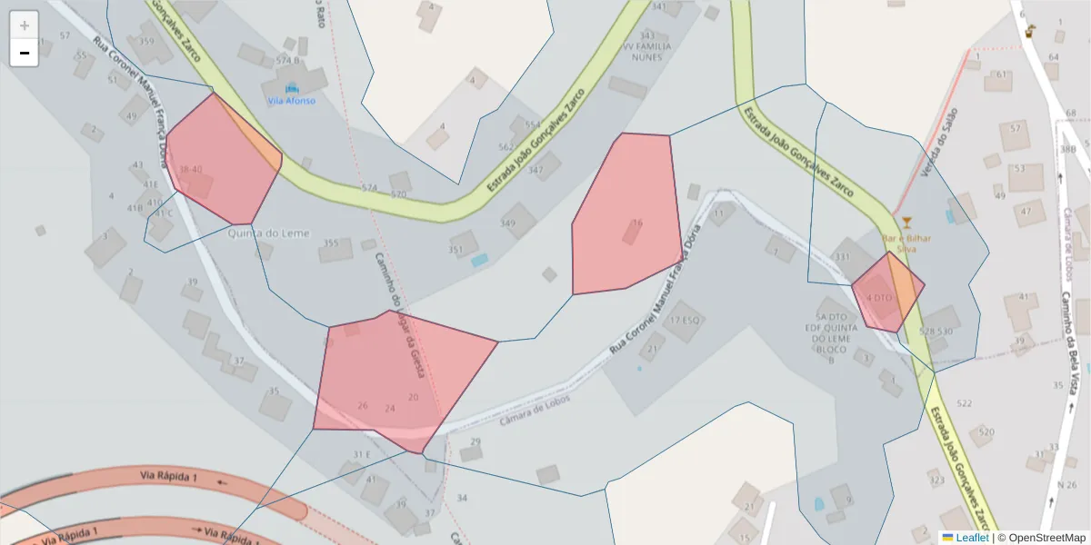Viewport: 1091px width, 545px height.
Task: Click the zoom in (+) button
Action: click(x=25, y=25)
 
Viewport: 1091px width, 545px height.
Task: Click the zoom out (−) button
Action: click(x=25, y=53)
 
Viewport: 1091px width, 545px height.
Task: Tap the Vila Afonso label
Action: click(x=292, y=101)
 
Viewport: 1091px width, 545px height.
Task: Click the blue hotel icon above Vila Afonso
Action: click(x=292, y=88)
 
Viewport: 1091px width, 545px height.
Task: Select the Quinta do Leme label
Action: click(x=270, y=233)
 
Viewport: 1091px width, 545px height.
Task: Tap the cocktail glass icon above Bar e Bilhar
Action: click(x=906, y=223)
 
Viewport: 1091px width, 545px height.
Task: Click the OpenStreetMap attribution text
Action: click(x=1041, y=538)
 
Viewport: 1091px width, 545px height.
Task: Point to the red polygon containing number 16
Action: click(x=627, y=218)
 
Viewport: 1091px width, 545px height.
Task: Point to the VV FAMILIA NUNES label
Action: click(x=647, y=51)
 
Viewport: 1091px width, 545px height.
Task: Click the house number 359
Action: click(x=146, y=41)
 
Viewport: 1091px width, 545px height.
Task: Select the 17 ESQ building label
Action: click(x=685, y=321)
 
